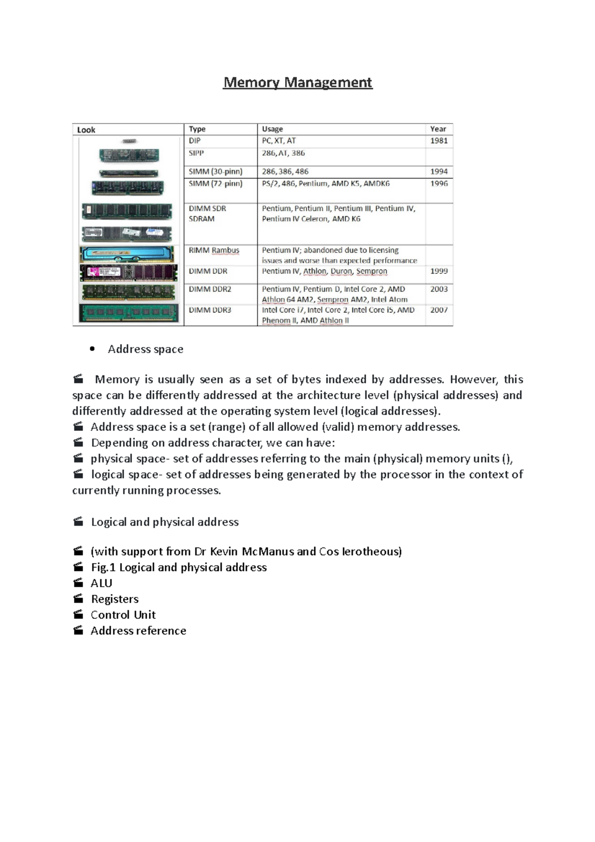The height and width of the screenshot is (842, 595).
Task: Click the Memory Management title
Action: [297, 82]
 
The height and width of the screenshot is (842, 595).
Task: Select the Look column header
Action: [86, 130]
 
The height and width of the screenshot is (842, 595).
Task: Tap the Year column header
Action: [438, 129]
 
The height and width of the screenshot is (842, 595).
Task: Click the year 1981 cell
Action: [439, 141]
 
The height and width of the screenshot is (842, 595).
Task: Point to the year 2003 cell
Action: [439, 289]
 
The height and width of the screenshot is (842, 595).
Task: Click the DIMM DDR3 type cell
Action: [210, 310]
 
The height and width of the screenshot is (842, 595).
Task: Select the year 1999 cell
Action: [439, 271]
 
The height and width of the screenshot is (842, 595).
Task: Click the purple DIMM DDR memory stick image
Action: [128, 273]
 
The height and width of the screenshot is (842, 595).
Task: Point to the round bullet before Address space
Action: [92, 349]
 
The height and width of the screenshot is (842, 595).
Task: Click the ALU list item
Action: [101, 583]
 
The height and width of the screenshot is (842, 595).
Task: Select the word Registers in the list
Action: [115, 599]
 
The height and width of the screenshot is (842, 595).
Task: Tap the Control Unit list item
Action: [123, 615]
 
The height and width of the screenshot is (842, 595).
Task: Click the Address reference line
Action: [138, 631]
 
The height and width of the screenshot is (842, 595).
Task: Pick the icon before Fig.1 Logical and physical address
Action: [78, 567]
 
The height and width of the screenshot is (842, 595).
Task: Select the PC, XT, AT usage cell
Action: [279, 141]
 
